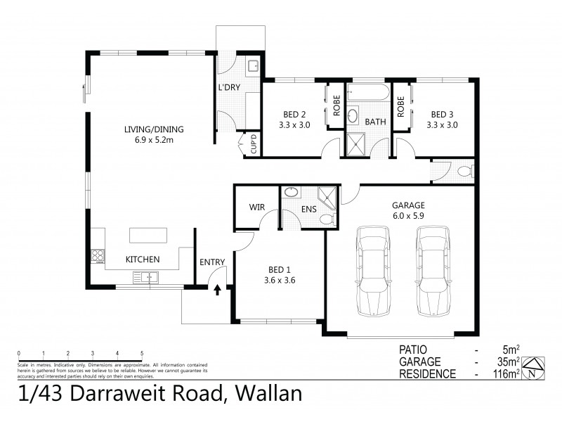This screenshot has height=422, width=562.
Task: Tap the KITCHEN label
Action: pos(143,260)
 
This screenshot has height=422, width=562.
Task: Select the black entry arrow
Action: pos(217,288)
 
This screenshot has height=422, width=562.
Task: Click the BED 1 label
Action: pos(280,274)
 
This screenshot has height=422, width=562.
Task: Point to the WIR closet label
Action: pos(256,207)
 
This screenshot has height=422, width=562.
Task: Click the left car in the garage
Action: pos(373,271)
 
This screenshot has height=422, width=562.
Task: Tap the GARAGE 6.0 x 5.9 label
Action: pos(408,211)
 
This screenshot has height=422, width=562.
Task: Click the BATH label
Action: pos(375,122)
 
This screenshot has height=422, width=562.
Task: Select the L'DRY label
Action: pos(230,88)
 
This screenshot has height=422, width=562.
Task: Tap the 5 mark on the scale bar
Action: pos(142,353)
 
